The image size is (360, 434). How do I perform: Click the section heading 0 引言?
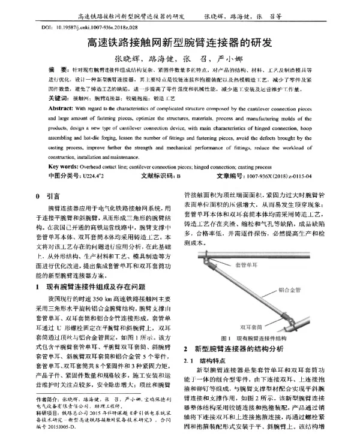(x=48, y=196)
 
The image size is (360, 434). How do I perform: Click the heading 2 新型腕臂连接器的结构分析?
(x=236, y=347)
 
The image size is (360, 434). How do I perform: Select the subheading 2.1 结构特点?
(x=205, y=361)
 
